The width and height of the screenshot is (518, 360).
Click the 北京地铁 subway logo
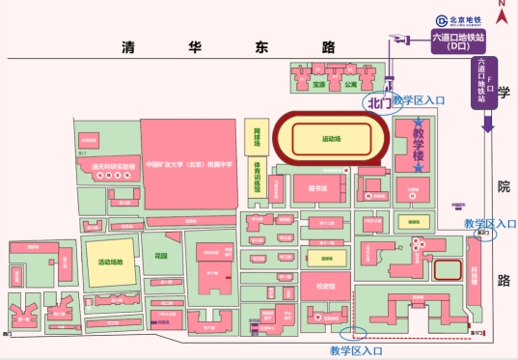pyautogui.click(x=457, y=19)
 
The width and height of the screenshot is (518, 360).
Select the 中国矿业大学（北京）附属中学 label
pyautogui.click(x=189, y=164)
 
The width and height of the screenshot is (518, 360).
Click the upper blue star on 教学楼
pyautogui.click(x=418, y=123)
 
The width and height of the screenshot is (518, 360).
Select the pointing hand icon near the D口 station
pyautogui.click(x=395, y=40)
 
